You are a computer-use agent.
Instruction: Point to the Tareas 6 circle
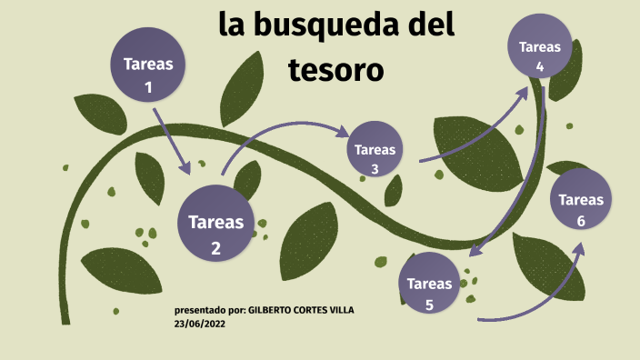pyautogui.click(x=580, y=208)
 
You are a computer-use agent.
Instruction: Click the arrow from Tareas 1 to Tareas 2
pyautogui.click(x=171, y=141)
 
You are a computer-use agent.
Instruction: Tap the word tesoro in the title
pyautogui.click(x=336, y=69)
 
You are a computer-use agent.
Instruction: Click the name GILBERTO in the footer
pyautogui.click(x=272, y=310)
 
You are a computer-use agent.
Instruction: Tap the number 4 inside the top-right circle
pyautogui.click(x=539, y=66)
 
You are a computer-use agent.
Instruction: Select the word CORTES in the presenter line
pyautogui.click(x=309, y=310)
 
